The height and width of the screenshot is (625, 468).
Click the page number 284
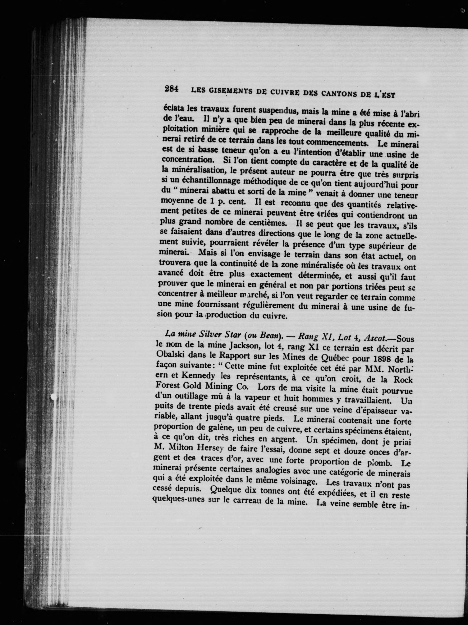click(171, 89)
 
